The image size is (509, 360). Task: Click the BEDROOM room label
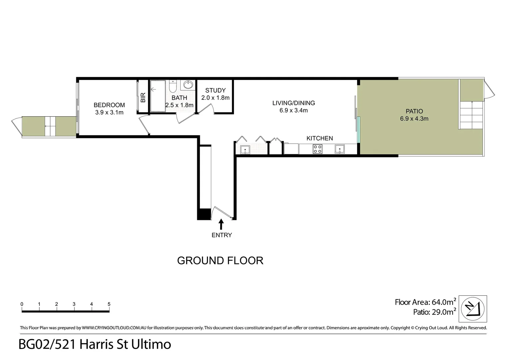tap(109, 105)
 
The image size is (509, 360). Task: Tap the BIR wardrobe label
tap(143, 97)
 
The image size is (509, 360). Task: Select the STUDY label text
tap(215, 90)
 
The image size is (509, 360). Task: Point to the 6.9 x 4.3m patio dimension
tap(414, 119)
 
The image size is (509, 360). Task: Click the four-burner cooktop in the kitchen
tap(317, 149)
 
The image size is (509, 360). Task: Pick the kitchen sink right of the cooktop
tap(340, 149)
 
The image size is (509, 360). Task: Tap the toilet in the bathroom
tap(173, 86)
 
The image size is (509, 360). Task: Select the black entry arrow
tap(221, 224)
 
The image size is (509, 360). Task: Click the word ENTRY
tap(222, 235)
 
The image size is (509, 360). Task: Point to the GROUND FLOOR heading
tap(220, 260)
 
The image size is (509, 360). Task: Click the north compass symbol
tap(473, 309)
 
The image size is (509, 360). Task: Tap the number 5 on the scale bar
tap(109, 304)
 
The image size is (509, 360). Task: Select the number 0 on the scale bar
tap(22, 304)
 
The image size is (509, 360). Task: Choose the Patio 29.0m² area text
tap(434, 312)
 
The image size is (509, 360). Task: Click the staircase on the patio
tap(471, 115)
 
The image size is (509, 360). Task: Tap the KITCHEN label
tap(319, 138)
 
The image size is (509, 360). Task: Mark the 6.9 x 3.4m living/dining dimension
tap(293, 110)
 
